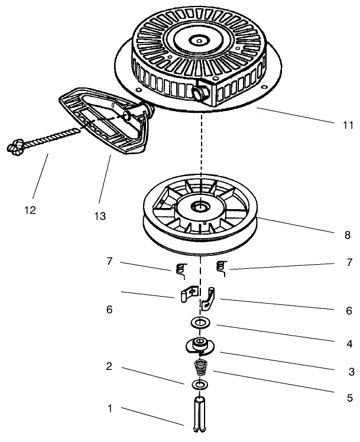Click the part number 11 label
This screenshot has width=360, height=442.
[348, 125]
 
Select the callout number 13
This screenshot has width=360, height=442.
[99, 216]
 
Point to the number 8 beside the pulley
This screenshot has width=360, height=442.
[348, 235]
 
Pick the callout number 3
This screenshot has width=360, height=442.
[351, 372]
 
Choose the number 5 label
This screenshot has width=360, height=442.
[350, 398]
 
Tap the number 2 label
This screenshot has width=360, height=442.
[109, 366]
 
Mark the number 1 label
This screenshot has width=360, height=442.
[109, 408]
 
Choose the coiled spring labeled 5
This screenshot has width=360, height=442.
[200, 370]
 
